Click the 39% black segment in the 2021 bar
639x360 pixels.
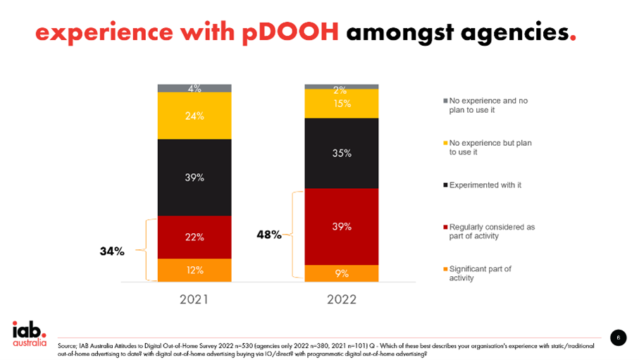tap(194, 178)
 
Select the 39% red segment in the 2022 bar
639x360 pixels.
tap(342, 227)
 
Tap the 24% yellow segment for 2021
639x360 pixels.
tap(194, 116)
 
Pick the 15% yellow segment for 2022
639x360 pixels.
tap(342, 104)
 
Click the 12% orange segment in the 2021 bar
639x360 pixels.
tap(194, 271)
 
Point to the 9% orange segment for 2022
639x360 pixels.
tap(342, 273)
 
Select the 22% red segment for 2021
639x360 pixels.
tap(194, 237)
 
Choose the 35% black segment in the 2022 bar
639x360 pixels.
tap(342, 153)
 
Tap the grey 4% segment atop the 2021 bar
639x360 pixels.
tap(194, 88)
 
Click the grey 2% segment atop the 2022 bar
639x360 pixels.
tap(342, 87)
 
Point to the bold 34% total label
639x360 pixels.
tap(111, 251)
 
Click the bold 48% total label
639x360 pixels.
tap(268, 235)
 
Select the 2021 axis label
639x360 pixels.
tap(194, 299)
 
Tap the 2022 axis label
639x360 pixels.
tap(342, 299)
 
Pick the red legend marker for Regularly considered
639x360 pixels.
tap(445, 228)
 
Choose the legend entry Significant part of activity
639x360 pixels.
tap(479, 273)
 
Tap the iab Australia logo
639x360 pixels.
tap(29, 334)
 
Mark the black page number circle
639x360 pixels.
tap(618, 337)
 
